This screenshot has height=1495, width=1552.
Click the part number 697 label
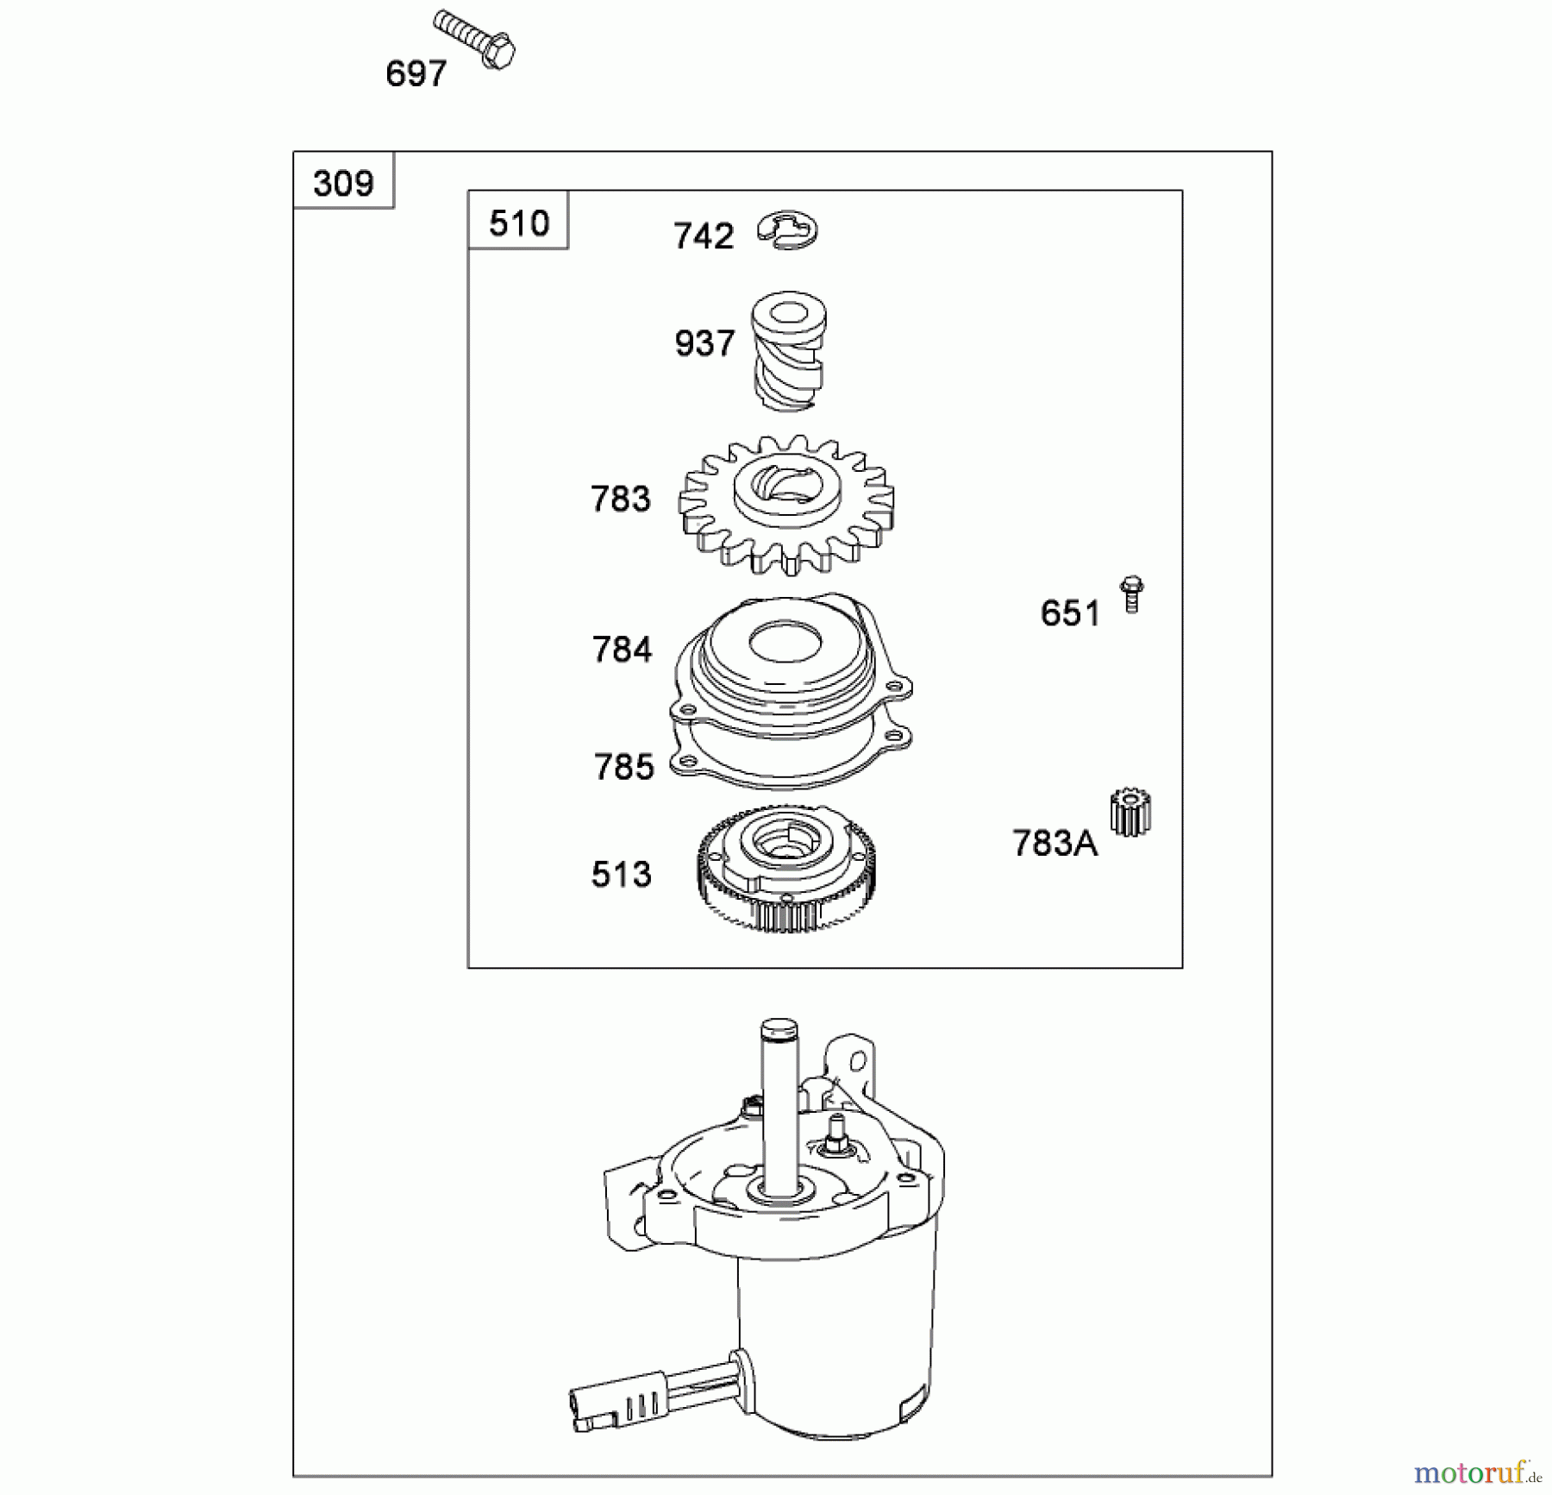(416, 74)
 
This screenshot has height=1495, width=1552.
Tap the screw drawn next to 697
(474, 39)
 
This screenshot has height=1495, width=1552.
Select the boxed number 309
(343, 184)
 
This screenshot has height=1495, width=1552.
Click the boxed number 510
(518, 223)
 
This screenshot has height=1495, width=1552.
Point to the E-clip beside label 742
(788, 230)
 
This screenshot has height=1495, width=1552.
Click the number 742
(704, 236)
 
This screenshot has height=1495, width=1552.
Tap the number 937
(704, 343)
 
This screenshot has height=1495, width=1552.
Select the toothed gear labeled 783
(786, 504)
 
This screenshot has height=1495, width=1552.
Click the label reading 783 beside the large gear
(621, 499)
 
